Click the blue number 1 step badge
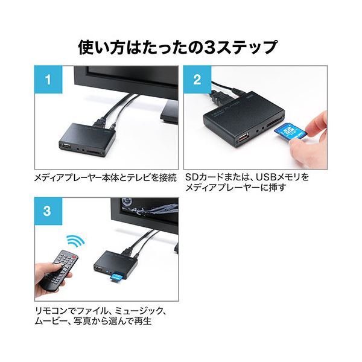[48, 80]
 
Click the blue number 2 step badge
[197, 80]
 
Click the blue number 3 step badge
[48, 211]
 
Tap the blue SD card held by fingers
[290, 133]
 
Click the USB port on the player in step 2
[243, 138]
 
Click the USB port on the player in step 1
[66, 146]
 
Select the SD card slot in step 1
[94, 153]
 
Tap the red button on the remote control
[74, 257]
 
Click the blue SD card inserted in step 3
[117, 278]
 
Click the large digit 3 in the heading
[209, 48]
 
